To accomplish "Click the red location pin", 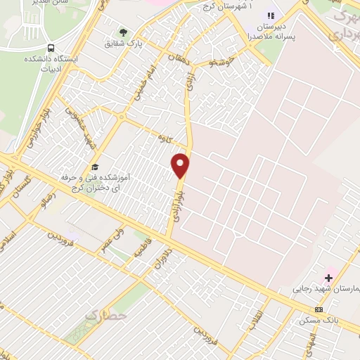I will pos(181,165).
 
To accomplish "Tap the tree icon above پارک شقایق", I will pos(124,32).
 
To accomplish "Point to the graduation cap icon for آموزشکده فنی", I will pos(94,167).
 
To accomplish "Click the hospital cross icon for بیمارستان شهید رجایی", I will pos(328,278).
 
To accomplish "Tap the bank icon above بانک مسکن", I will pos(319,309).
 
